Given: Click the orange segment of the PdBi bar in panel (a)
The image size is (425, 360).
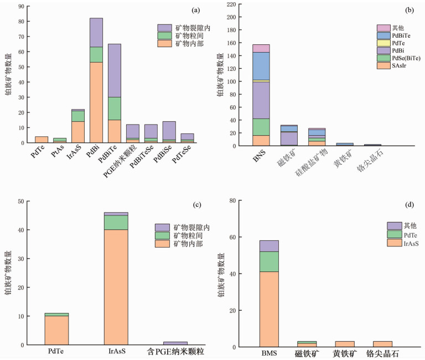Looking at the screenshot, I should [x=96, y=102].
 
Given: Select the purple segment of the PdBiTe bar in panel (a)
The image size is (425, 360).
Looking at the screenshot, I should [x=115, y=70].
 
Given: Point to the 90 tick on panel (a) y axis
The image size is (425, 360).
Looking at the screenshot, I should [x=23, y=6].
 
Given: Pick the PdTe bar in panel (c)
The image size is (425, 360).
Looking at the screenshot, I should [x=58, y=329].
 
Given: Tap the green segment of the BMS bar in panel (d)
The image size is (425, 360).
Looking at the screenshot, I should [x=268, y=261].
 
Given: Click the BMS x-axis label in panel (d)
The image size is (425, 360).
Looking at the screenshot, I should [x=268, y=353].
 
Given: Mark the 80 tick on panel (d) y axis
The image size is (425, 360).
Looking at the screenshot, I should [x=236, y=200].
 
